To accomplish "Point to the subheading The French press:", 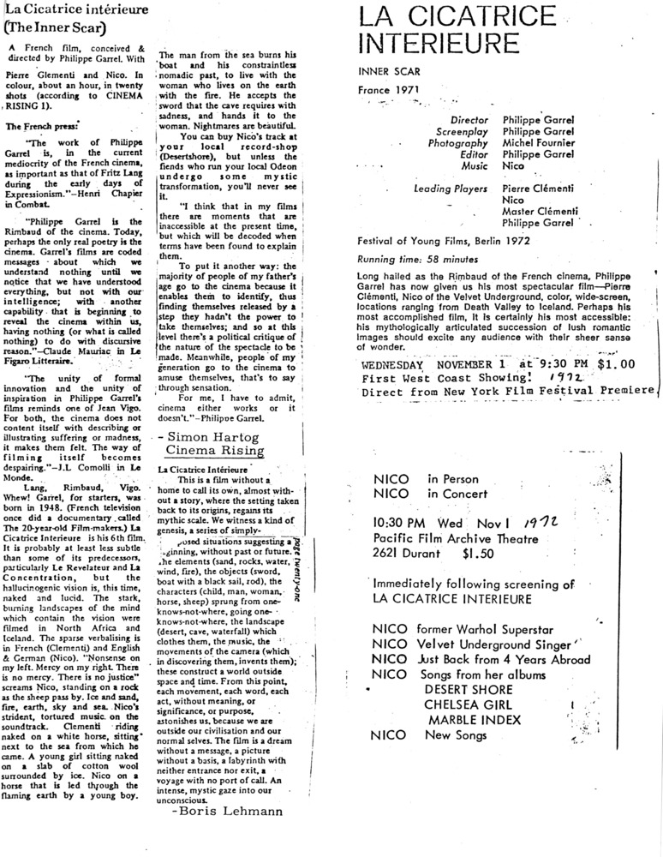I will (x=39, y=126).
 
